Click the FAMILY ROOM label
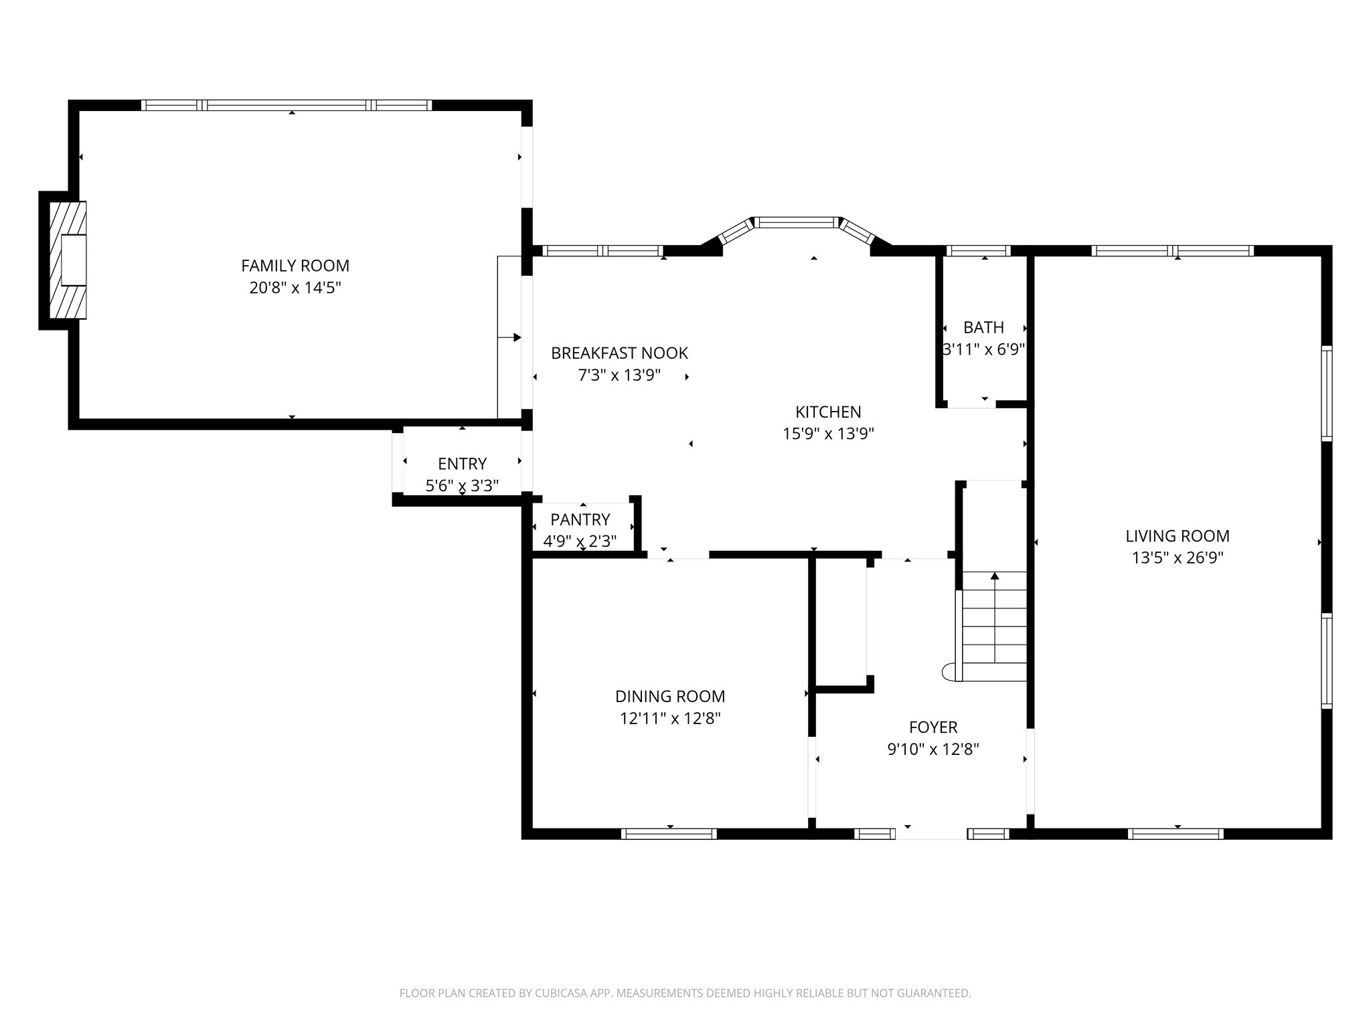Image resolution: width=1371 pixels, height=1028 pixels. tap(295, 266)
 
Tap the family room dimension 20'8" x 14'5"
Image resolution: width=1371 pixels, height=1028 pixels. tap(295, 288)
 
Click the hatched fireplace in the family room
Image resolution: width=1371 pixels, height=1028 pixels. tap(68, 260)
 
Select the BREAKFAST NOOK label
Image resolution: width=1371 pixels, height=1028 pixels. tap(619, 353)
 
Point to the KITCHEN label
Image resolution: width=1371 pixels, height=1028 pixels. tap(828, 412)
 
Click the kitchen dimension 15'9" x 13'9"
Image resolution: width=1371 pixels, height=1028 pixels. tap(828, 434)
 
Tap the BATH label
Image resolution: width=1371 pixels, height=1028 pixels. tap(983, 327)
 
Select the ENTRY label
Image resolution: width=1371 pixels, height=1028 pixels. tap(462, 463)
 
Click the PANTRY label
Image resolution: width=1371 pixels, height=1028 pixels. tap(580, 519)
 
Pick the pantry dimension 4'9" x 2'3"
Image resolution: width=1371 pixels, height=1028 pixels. tap(580, 541)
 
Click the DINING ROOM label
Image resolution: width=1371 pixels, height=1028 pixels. tap(670, 696)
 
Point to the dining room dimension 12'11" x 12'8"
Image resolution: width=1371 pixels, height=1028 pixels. tap(670, 718)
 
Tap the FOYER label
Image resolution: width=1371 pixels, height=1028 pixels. tap(933, 727)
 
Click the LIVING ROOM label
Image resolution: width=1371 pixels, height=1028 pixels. tap(1178, 535)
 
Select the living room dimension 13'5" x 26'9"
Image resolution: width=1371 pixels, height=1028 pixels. tap(1178, 558)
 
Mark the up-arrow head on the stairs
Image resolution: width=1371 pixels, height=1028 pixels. tap(995, 576)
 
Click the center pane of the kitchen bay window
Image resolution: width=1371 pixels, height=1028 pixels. tap(797, 222)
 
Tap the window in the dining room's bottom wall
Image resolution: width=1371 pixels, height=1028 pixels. tap(669, 833)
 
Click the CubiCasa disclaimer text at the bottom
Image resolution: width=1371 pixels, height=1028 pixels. tap(685, 993)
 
